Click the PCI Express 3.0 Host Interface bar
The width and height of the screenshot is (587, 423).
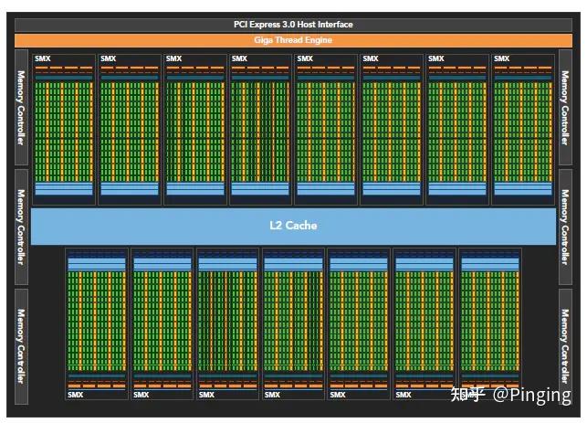click(x=293, y=24)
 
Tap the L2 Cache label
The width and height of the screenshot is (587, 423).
click(x=293, y=225)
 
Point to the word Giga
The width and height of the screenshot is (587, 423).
click(x=263, y=40)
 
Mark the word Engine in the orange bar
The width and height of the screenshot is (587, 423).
click(x=318, y=40)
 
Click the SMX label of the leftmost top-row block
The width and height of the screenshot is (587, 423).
click(x=43, y=59)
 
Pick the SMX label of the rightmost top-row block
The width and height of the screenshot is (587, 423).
click(x=501, y=59)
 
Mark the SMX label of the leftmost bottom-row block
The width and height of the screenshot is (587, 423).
click(x=76, y=395)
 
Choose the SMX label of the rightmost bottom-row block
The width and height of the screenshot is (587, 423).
click(x=468, y=395)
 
